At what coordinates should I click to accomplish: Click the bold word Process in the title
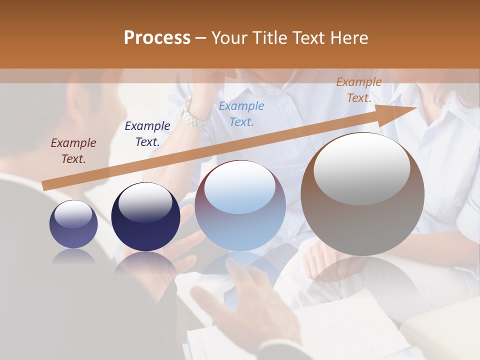(x=157, y=38)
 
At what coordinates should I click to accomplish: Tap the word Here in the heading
(x=350, y=38)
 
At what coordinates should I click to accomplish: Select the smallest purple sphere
(x=73, y=224)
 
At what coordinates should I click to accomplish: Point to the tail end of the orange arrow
(x=44, y=186)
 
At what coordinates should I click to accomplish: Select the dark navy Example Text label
(x=147, y=134)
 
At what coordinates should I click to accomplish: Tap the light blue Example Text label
(x=241, y=113)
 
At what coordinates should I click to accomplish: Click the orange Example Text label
(x=358, y=90)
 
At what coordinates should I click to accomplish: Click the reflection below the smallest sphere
(x=73, y=256)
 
